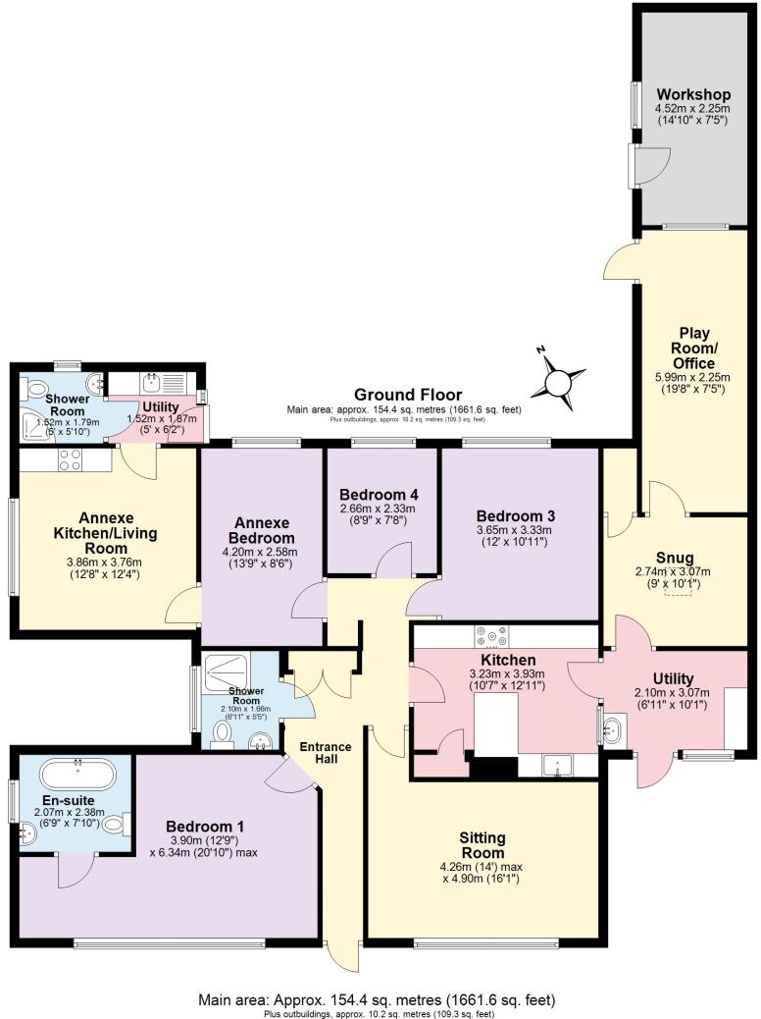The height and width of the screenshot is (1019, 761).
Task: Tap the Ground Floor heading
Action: pos(403,394)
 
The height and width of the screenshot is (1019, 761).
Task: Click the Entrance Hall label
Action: pos(327,754)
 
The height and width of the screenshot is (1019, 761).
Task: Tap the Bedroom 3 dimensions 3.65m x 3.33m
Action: pos(516,538)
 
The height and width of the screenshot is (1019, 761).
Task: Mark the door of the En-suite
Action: pos(76,869)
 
